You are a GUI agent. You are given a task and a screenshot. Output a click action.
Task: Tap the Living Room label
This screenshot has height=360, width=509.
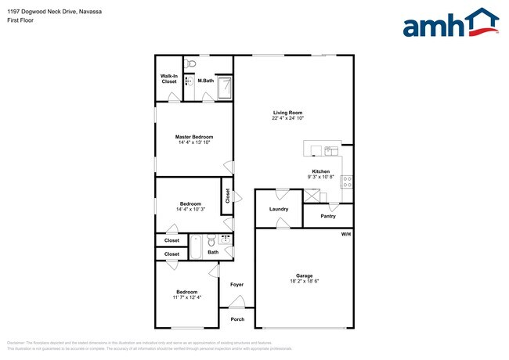click(287, 113)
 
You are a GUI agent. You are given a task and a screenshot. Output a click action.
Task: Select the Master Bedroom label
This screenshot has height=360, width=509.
click(193, 137)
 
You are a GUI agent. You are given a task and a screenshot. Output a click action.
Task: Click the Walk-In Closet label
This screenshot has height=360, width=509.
click(168, 78)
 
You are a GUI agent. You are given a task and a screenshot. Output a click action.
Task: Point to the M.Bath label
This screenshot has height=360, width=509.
click(206, 81)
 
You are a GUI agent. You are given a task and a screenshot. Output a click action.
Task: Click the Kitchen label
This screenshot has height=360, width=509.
click(320, 171)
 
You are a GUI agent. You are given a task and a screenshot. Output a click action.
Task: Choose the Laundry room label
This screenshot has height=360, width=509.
click(279, 209)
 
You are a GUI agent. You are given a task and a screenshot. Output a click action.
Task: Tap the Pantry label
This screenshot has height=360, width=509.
click(328, 216)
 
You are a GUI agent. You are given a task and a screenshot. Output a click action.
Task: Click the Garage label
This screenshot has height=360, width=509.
click(304, 275)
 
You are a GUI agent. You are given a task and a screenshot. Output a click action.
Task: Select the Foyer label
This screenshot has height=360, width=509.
click(236, 284)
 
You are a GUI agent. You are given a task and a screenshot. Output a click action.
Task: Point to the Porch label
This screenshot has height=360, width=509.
click(236, 319)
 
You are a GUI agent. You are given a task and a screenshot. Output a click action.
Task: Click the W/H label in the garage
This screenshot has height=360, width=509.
click(345, 235)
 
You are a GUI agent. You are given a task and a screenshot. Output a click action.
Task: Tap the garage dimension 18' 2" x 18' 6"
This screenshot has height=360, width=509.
click(304, 282)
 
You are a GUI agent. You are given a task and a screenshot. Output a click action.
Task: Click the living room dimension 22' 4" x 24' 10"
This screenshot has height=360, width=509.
click(287, 118)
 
